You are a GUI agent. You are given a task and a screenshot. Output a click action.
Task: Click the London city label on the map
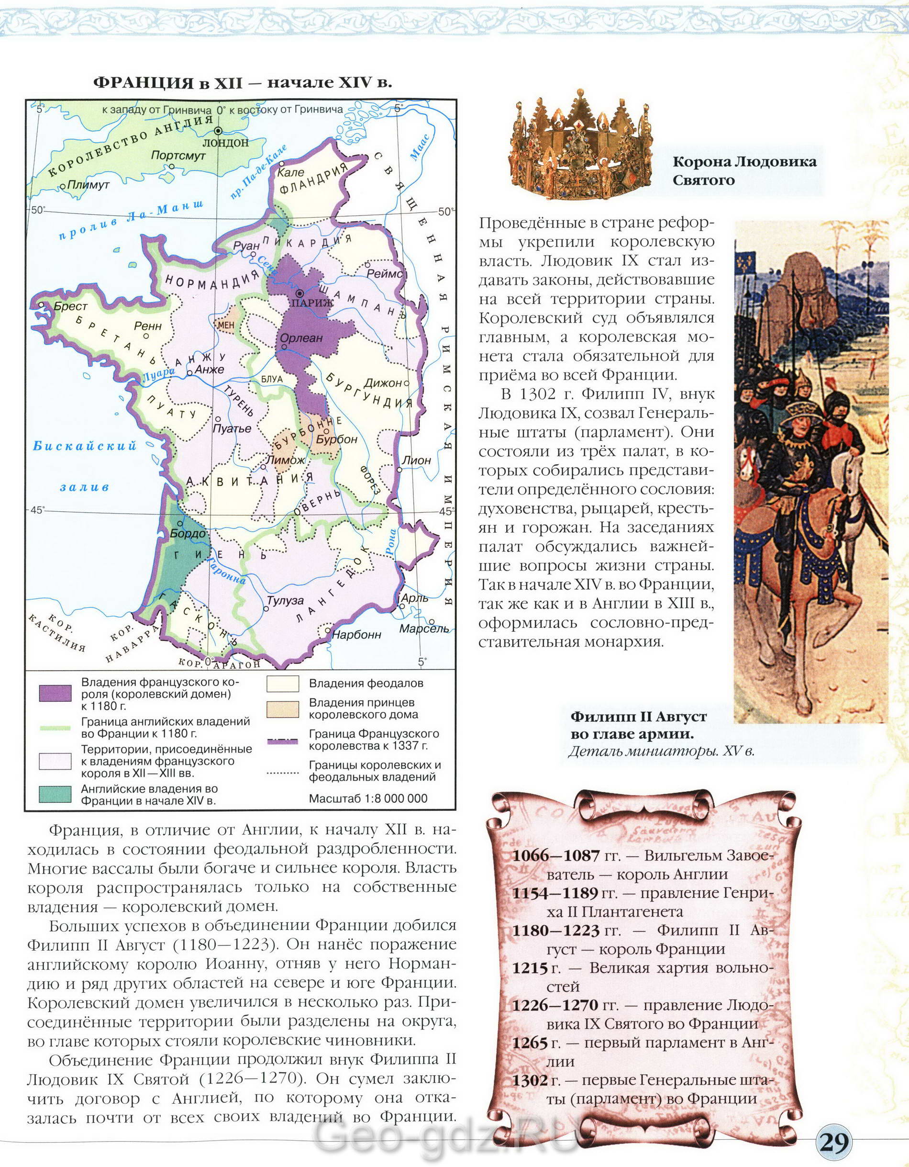(x=225, y=143)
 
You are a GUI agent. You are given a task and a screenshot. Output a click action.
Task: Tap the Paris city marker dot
(x=300, y=292)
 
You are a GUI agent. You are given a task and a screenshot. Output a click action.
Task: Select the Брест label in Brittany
(x=70, y=307)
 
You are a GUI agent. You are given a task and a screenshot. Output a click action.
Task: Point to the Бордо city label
(x=188, y=533)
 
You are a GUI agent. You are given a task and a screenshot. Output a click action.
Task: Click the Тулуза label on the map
(x=285, y=601)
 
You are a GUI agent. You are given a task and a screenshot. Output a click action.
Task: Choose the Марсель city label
(x=424, y=628)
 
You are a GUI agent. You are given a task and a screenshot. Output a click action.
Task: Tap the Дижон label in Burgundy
(x=382, y=382)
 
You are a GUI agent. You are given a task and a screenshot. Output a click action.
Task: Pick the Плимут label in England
(x=88, y=185)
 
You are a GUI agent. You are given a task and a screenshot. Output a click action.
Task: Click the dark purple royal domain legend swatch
(x=55, y=694)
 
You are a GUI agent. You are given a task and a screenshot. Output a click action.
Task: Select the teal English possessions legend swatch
(x=55, y=794)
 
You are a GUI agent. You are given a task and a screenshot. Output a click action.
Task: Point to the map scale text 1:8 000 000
(x=368, y=798)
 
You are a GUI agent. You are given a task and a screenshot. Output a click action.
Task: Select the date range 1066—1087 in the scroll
(x=555, y=855)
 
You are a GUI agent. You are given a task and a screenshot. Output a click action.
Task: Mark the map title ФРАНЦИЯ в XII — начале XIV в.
(x=243, y=83)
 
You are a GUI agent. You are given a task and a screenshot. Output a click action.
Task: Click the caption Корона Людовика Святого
(x=744, y=170)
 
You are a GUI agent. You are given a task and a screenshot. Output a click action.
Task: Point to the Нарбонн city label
(x=356, y=635)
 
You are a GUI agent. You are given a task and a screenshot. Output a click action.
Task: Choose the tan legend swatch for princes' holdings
(x=283, y=708)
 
